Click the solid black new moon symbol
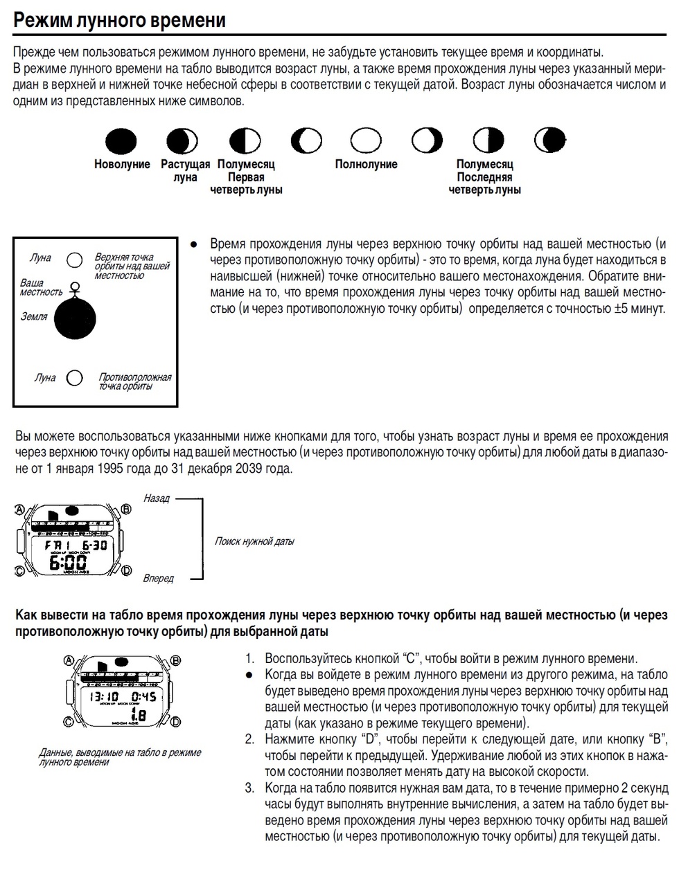(x=121, y=141)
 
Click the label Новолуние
(x=122, y=165)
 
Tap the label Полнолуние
(x=366, y=165)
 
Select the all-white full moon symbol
(x=366, y=141)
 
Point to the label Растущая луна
(x=185, y=171)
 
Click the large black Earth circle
(x=75, y=318)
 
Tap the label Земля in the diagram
(x=34, y=316)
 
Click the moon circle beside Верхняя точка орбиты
(x=74, y=260)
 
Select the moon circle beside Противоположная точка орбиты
(x=74, y=378)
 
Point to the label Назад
(x=157, y=498)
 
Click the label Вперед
(x=158, y=578)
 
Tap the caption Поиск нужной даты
(x=254, y=541)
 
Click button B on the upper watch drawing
(x=125, y=510)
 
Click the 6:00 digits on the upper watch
(x=67, y=561)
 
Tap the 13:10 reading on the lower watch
(x=104, y=696)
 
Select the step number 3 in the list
(x=249, y=788)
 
